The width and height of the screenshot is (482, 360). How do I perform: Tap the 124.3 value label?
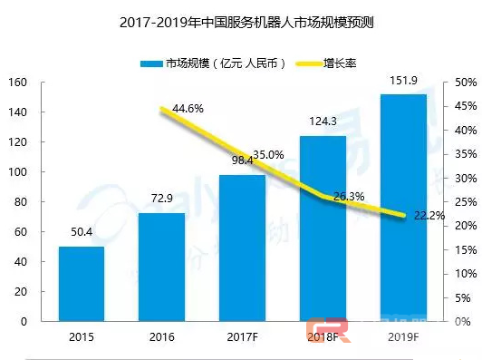point(323,125)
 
